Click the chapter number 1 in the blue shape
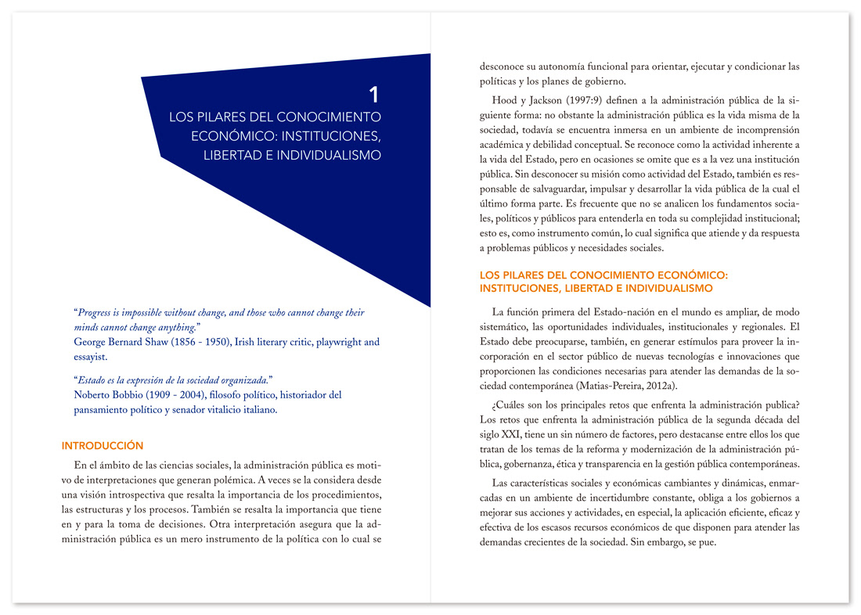[x=374, y=95]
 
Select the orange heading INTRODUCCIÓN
[x=103, y=446]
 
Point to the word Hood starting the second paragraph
[x=506, y=101]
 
